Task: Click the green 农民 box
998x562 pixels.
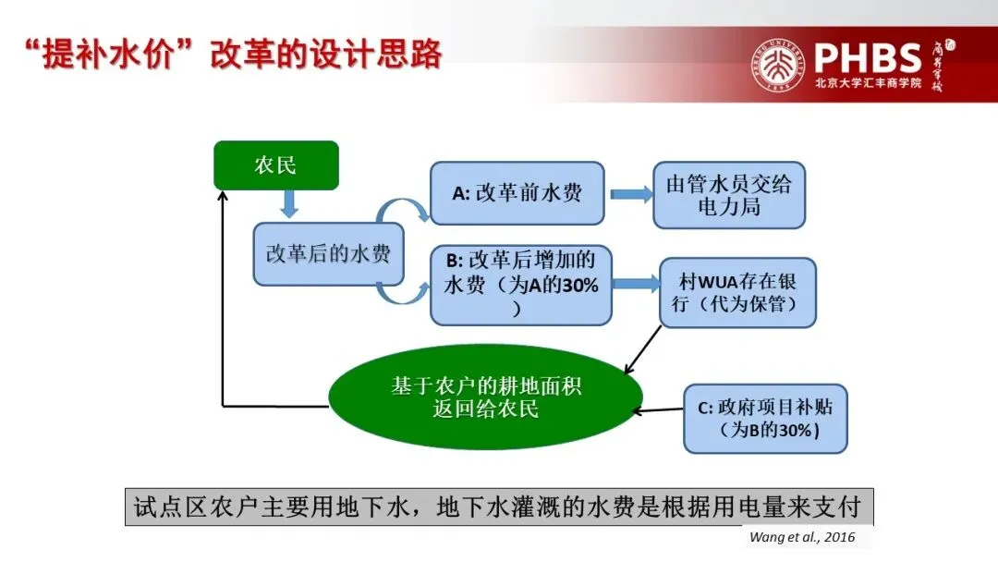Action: click(275, 165)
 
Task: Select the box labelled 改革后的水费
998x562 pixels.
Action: click(328, 253)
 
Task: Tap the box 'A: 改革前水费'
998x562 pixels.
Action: click(517, 193)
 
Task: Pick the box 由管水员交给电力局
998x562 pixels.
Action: click(729, 194)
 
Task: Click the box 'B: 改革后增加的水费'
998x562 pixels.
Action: click(521, 285)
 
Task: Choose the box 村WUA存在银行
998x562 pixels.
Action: click(737, 291)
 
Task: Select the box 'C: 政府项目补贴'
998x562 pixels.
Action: click(765, 419)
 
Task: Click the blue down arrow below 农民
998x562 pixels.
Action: click(289, 204)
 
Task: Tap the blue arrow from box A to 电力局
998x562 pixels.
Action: click(630, 194)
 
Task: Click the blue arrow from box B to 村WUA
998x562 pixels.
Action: click(635, 285)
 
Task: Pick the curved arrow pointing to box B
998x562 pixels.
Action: click(405, 294)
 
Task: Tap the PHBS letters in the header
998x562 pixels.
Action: click(869, 57)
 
